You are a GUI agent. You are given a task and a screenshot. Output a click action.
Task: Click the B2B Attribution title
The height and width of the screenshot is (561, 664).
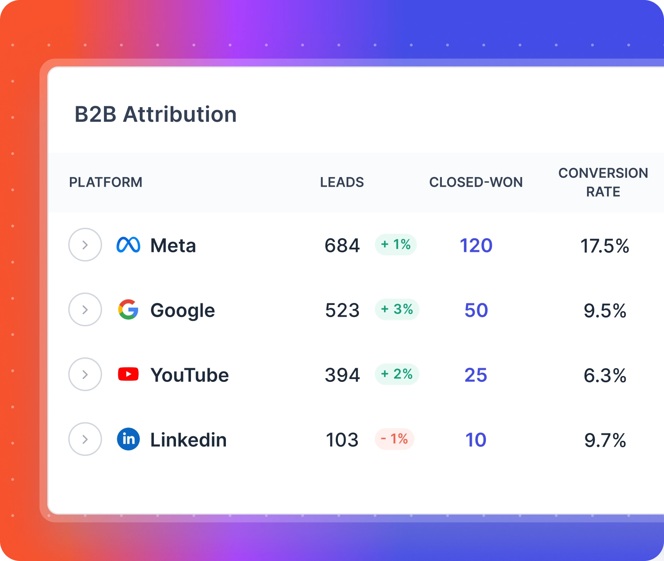[156, 114]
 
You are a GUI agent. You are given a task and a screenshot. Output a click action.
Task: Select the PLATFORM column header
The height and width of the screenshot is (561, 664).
[106, 182]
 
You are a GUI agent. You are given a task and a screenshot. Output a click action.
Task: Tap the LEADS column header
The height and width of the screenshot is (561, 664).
[342, 182]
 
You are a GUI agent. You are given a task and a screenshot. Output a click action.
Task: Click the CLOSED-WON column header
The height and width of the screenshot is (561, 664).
[476, 182]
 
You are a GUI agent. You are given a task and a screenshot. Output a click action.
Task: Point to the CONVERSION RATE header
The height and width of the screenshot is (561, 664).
[603, 182]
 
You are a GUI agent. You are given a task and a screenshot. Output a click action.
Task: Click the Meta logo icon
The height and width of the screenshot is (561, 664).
[128, 245]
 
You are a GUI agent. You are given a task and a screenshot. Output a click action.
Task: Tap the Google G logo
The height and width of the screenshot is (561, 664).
[128, 310]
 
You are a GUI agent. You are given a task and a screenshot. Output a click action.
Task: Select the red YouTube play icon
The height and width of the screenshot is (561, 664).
[128, 374]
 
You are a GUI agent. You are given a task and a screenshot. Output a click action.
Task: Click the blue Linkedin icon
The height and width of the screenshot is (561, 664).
[128, 439]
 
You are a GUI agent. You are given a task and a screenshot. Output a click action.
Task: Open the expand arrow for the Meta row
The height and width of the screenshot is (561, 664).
[85, 245]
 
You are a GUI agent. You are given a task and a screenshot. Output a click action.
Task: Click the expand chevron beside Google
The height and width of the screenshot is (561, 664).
[85, 310]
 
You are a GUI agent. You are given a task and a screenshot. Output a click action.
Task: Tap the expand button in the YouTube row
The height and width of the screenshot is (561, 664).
[85, 374]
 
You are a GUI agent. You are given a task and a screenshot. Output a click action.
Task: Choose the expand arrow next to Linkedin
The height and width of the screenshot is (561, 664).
[85, 439]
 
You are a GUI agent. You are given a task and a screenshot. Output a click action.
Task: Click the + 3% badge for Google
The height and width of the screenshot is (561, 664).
[396, 309]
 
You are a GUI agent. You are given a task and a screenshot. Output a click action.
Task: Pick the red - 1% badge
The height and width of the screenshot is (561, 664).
[394, 439]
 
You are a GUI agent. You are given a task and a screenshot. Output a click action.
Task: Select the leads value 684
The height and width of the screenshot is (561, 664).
[342, 246]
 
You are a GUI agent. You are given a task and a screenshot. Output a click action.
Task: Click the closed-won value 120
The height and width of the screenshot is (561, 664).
[476, 246]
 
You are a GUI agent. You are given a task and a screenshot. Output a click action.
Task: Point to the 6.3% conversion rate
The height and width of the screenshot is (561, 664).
[605, 376]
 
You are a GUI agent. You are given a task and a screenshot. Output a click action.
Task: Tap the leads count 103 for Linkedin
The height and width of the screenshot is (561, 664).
[342, 440]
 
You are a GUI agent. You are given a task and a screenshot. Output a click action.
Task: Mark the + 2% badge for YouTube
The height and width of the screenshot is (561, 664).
[396, 374]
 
